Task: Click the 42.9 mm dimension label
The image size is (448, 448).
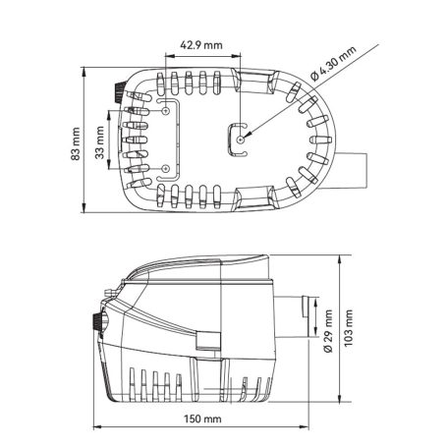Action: [200, 45]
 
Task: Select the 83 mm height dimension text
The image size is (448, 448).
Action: [76, 143]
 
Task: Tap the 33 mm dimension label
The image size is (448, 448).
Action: [100, 142]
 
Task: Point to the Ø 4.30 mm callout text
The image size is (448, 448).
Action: [333, 64]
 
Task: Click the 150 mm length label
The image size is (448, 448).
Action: [202, 419]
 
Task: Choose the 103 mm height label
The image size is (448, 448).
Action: [348, 328]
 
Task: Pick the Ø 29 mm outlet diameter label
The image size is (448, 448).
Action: [328, 331]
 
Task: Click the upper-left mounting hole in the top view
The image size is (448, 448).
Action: [166, 111]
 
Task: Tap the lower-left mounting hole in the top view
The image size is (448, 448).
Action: [166, 169]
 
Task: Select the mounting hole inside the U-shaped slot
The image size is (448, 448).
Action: [241, 140]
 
